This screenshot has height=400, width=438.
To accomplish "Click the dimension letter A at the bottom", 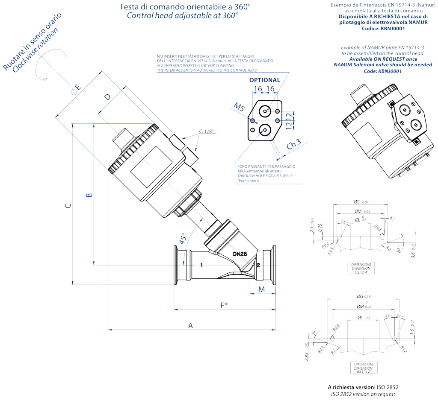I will coord(191,326).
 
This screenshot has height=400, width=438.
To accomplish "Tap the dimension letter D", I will coord(107,96).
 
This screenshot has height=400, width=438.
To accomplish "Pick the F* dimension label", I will coord(224,305).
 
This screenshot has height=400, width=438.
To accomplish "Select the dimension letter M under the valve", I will coord(262,289).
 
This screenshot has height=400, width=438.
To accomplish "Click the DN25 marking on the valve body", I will coord(240,254).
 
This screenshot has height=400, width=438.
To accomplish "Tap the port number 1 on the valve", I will coord(201,265).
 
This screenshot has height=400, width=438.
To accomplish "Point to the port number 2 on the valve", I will coord(258,265).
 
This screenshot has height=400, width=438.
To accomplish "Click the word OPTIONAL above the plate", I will coord(265,80).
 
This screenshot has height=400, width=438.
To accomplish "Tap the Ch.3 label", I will coord(294,145).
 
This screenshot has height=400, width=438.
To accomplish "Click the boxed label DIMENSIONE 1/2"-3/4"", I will coord(361,269).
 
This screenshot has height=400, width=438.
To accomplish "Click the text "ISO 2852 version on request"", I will coord(364,394).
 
